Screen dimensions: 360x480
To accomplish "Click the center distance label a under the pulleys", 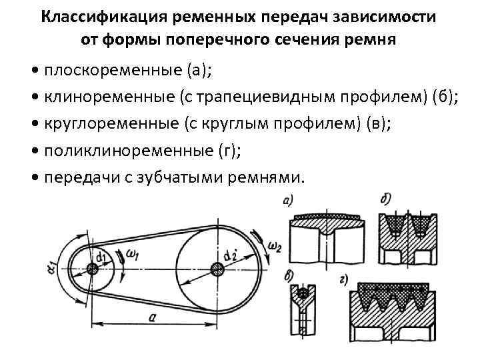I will pyautogui.click(x=153, y=319).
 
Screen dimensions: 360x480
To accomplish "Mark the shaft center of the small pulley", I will pyautogui.click(x=92, y=268).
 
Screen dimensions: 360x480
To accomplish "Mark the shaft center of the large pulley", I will pyautogui.click(x=217, y=268).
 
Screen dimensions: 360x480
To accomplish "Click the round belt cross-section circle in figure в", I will pyautogui.click(x=303, y=293).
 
